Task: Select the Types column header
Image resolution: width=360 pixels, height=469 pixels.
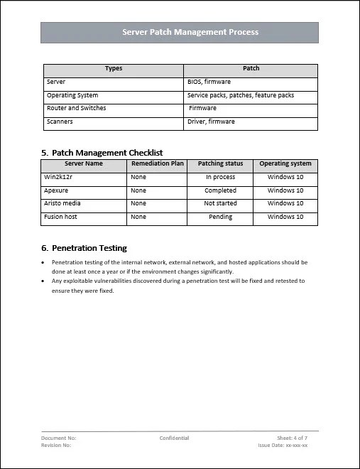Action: (x=113, y=69)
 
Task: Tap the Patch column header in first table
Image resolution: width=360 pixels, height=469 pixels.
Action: (x=251, y=69)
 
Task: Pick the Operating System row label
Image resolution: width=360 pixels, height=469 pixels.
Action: (x=72, y=95)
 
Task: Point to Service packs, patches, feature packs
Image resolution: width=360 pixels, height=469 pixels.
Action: (x=240, y=95)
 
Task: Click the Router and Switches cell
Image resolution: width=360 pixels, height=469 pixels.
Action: (x=76, y=109)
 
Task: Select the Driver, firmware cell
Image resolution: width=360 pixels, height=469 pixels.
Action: (x=211, y=122)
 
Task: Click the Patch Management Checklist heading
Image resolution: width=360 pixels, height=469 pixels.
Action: (x=107, y=152)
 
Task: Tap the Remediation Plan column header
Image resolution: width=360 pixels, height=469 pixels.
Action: (x=158, y=163)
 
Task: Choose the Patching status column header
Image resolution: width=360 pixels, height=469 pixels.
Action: (x=220, y=163)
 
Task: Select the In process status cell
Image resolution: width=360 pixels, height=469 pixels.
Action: (x=220, y=177)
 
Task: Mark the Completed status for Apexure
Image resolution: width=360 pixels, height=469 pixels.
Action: (x=220, y=190)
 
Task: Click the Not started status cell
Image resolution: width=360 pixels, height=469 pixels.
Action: (x=220, y=203)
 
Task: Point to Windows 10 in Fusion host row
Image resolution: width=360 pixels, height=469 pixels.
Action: (x=285, y=217)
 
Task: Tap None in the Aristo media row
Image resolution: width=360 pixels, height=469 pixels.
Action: (x=138, y=203)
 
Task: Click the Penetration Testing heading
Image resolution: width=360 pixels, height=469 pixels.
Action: (x=89, y=248)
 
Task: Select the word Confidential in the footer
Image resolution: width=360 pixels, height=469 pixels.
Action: (x=175, y=438)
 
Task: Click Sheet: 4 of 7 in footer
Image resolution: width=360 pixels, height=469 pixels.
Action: (x=292, y=438)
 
